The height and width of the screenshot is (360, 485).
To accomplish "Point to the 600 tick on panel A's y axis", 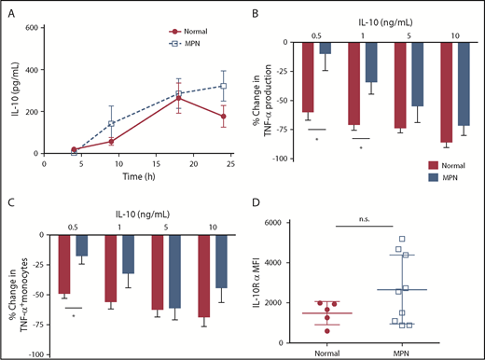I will tap(30, 27).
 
